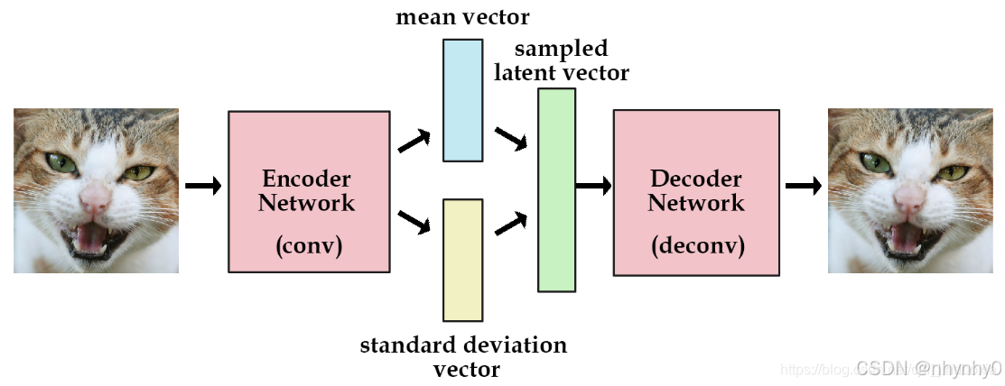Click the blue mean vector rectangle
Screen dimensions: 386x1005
462,100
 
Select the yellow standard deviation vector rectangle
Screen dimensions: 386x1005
462,260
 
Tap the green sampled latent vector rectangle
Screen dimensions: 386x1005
556,189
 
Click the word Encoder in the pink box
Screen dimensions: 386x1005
306,179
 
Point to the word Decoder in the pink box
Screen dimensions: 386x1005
695,179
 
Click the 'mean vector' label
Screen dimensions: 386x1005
462,17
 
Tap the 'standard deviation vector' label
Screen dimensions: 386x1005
464,356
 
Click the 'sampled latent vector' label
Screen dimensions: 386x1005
561,60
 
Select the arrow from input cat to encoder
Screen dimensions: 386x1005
203,186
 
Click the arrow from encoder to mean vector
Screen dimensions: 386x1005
414,140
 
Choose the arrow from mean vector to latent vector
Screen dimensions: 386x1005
511,140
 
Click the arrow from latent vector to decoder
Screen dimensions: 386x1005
593,186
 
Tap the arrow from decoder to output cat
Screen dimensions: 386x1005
803,186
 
